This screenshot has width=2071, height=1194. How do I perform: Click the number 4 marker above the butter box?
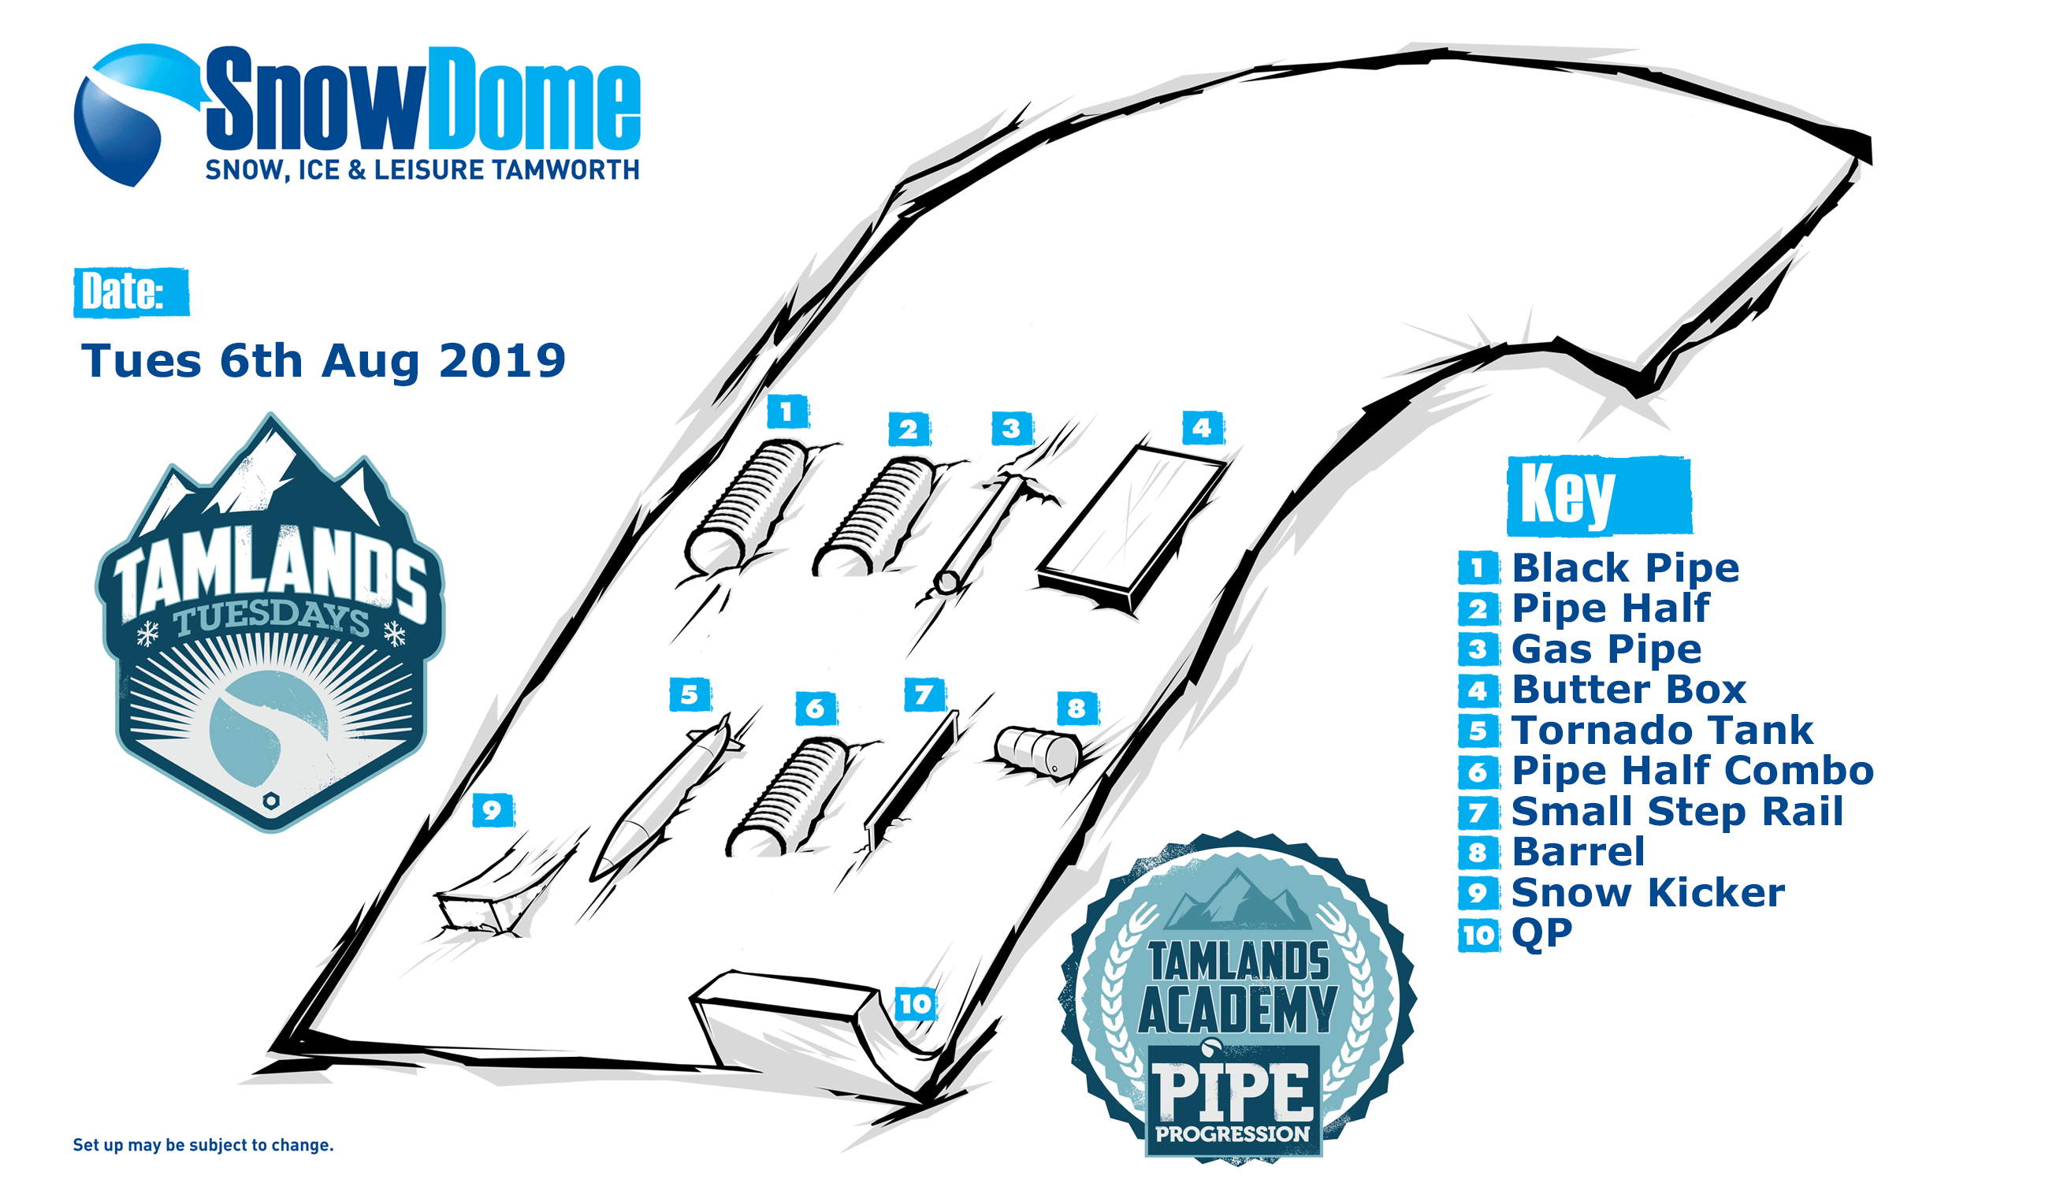(1202, 427)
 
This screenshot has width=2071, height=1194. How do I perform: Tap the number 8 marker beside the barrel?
(1076, 708)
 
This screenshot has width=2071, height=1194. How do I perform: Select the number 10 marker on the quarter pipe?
(915, 1004)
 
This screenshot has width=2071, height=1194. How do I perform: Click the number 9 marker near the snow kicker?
(493, 810)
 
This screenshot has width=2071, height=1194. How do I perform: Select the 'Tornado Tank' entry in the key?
(1661, 729)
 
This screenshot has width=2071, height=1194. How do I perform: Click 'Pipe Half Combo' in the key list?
(1692, 770)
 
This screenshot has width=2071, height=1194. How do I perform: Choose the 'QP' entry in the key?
(1541, 933)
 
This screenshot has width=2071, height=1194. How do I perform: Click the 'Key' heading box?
(1599, 495)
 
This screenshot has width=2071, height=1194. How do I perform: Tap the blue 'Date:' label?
(131, 292)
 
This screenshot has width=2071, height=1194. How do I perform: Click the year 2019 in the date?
(502, 360)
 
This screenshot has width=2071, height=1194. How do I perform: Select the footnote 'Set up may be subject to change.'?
(203, 1145)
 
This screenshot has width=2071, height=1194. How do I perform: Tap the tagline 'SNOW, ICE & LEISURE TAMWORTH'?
(422, 169)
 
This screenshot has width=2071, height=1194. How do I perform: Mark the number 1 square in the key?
(1478, 567)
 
